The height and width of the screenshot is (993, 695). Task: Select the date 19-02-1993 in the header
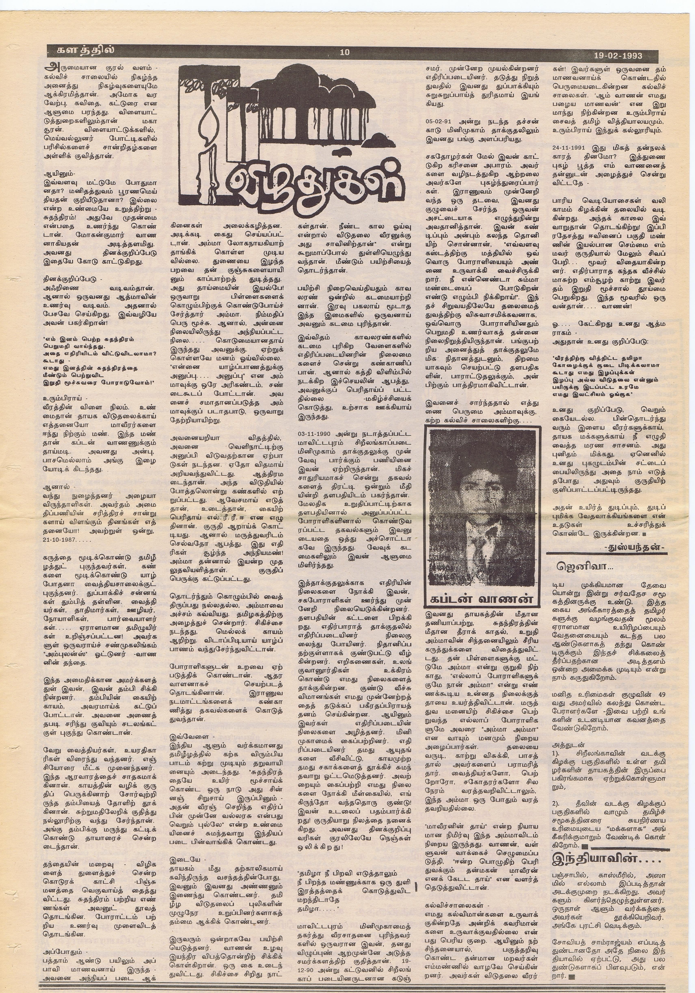pos(617,56)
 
